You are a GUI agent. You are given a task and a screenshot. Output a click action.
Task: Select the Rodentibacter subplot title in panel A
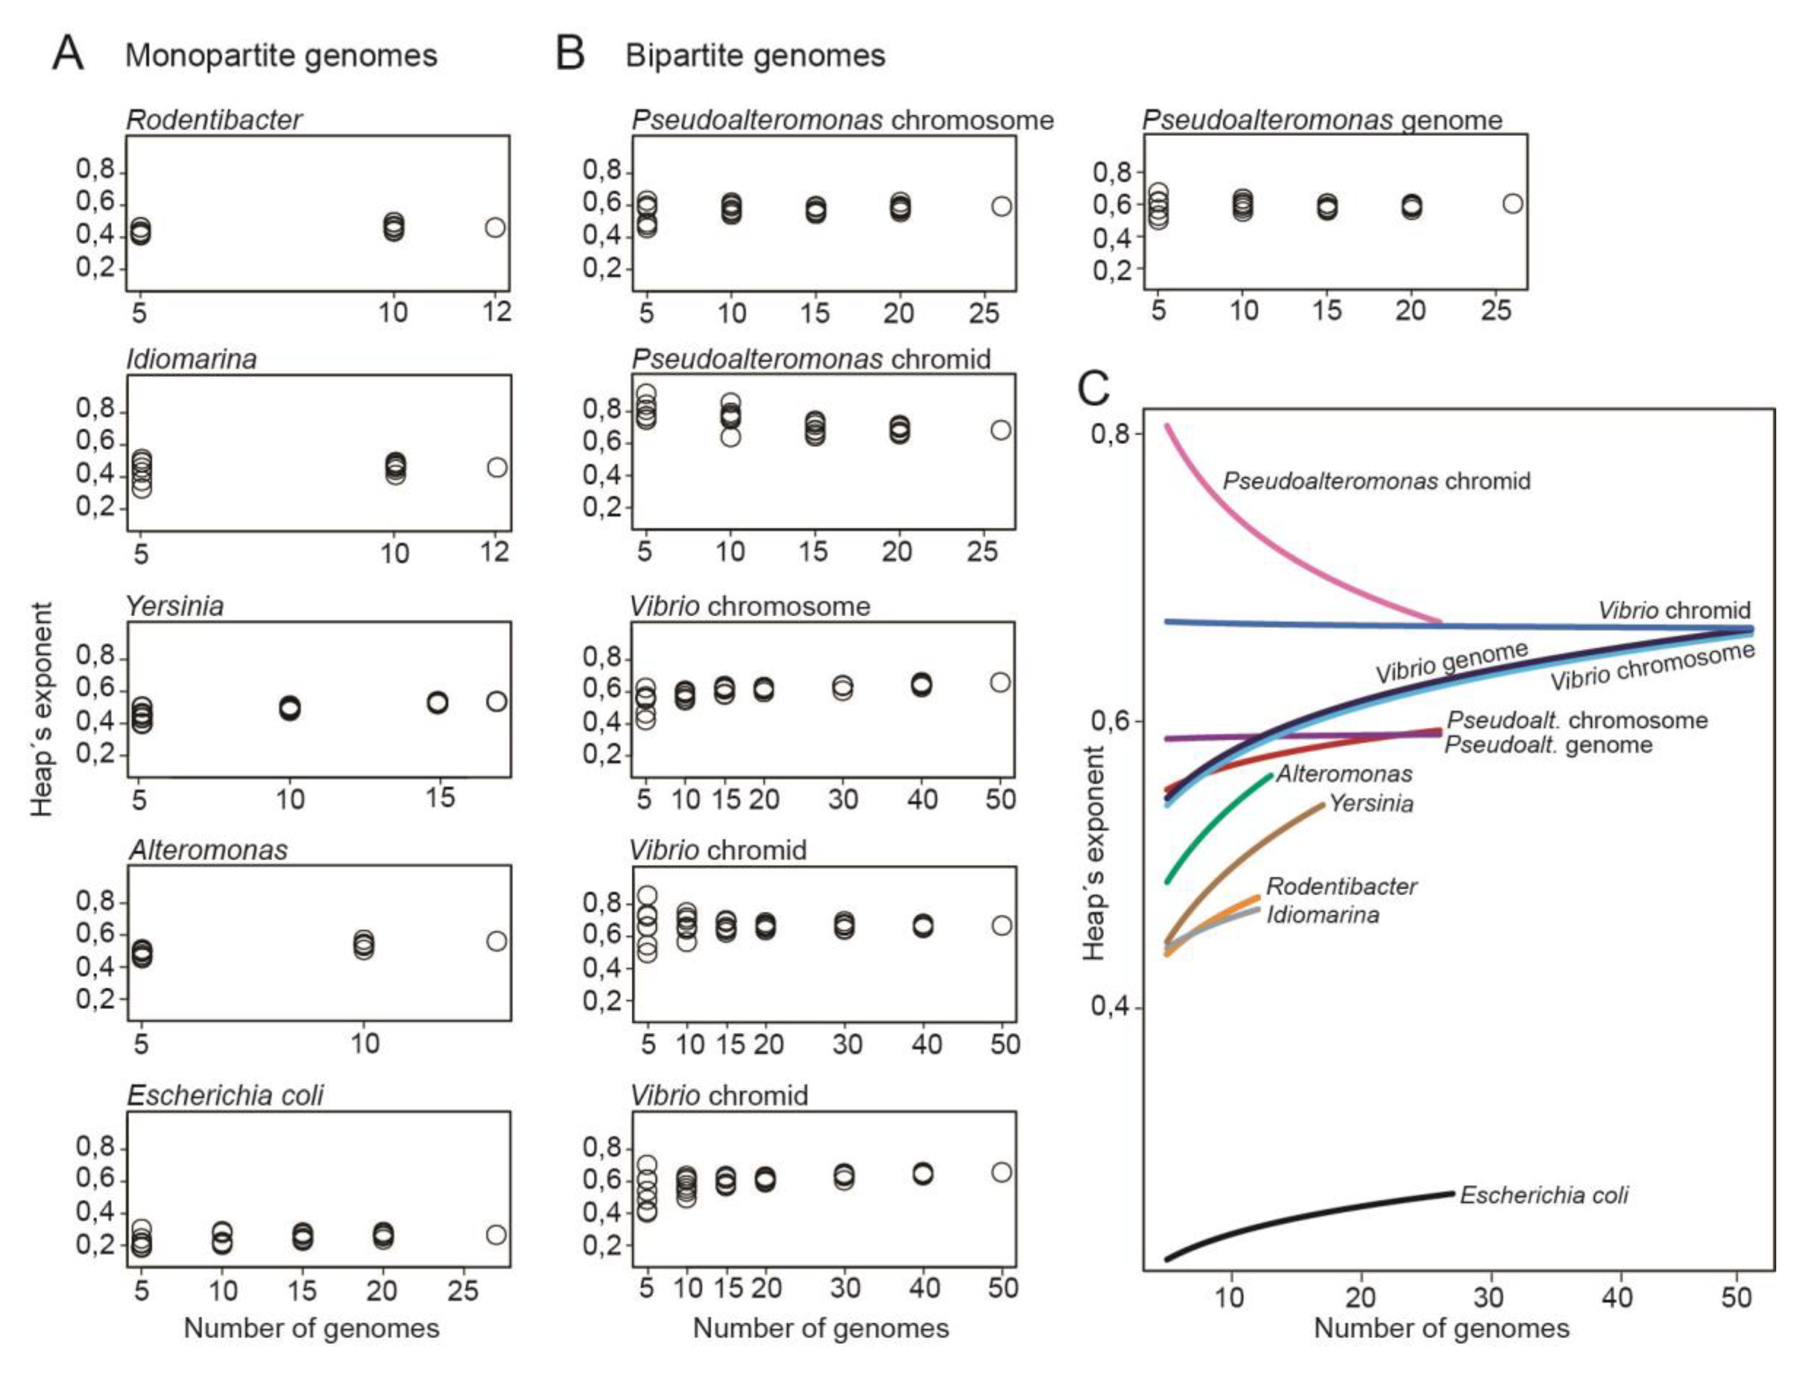tap(214, 120)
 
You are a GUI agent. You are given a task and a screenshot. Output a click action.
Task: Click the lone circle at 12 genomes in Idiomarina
tap(497, 467)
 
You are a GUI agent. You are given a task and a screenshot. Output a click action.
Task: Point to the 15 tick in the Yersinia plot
tap(440, 797)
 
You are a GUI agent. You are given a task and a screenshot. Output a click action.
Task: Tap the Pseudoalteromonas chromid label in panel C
tap(1376, 481)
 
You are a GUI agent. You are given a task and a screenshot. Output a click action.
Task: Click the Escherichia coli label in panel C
tap(1544, 1195)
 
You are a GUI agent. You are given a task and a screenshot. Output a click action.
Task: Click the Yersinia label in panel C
tap(1371, 803)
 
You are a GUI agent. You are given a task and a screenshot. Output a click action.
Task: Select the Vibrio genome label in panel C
tap(1451, 663)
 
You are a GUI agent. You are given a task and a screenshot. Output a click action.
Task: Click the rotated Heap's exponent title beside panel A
tap(41, 709)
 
